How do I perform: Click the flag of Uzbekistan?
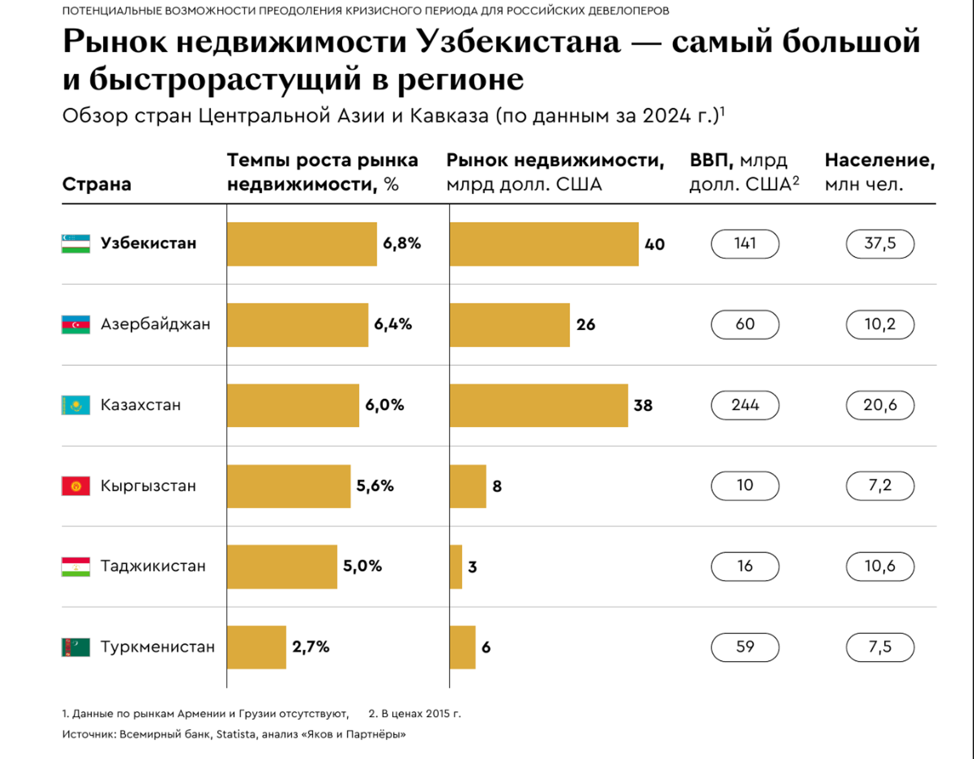(x=76, y=244)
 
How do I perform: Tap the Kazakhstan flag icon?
(x=76, y=405)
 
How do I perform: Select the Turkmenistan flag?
(x=76, y=647)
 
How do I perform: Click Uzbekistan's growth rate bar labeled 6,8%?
(x=302, y=244)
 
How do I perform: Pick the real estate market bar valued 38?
(x=539, y=405)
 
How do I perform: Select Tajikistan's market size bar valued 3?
(x=456, y=566)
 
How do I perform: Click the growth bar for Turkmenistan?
(x=257, y=647)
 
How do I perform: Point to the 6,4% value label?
(x=393, y=324)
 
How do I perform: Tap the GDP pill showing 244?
(x=745, y=405)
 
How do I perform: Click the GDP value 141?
(x=745, y=244)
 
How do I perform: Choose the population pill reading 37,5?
(x=880, y=244)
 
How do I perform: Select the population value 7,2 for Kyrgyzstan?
(x=880, y=486)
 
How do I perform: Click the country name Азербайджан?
(x=155, y=324)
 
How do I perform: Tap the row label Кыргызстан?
(x=148, y=486)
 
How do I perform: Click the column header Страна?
(x=96, y=184)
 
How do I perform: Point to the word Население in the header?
(x=879, y=160)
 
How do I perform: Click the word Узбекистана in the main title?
(x=518, y=42)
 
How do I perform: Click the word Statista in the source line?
(x=236, y=734)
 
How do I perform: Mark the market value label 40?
(x=654, y=245)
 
